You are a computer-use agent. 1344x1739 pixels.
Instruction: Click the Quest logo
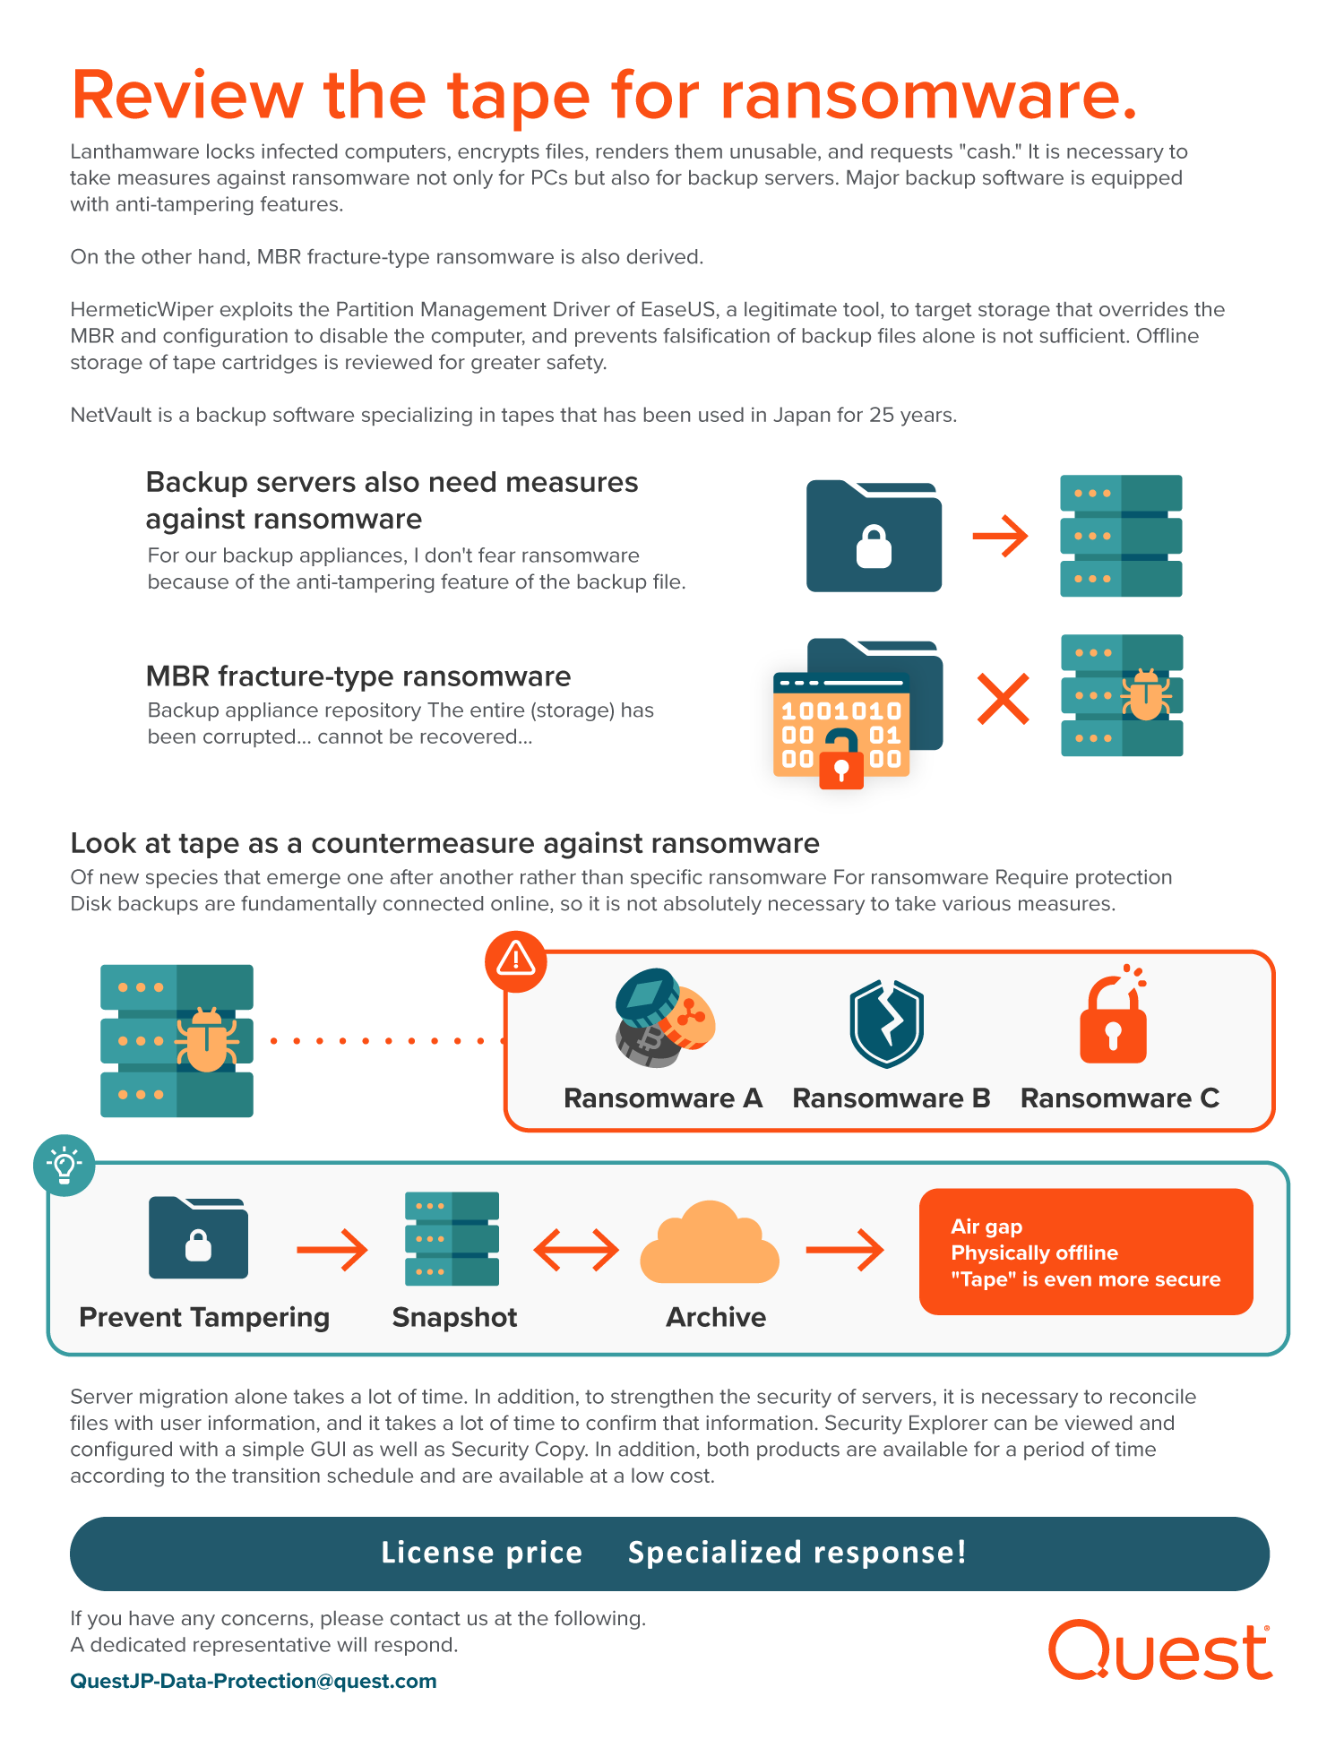coord(1160,1650)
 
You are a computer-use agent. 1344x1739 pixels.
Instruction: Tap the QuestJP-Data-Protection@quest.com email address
coord(254,1681)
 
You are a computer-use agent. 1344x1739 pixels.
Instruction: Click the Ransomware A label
coord(662,1098)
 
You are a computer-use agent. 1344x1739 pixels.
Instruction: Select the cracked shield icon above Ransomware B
coord(886,1023)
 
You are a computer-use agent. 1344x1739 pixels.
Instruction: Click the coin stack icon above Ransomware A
coord(664,1018)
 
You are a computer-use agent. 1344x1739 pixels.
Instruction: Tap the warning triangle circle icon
coord(516,960)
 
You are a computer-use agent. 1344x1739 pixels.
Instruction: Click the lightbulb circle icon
coord(65,1166)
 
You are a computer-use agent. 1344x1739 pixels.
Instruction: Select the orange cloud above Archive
coord(710,1244)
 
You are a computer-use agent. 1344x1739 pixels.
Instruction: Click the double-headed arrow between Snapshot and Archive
coord(576,1250)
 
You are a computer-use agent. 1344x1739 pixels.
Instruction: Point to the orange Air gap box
coord(1086,1252)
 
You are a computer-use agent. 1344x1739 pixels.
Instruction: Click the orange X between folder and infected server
coord(1003,699)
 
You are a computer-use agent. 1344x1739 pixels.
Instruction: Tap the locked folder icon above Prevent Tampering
coord(198,1237)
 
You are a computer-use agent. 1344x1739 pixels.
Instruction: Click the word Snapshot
coord(454,1317)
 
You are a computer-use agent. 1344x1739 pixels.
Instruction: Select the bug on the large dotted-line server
coord(206,1040)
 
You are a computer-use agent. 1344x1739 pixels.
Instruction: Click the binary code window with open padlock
coord(841,726)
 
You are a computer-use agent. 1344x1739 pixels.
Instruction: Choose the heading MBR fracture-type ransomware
coord(358,676)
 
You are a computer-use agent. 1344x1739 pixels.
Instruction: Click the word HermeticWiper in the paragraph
coord(142,310)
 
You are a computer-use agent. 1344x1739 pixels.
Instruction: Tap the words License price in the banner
coord(482,1553)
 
